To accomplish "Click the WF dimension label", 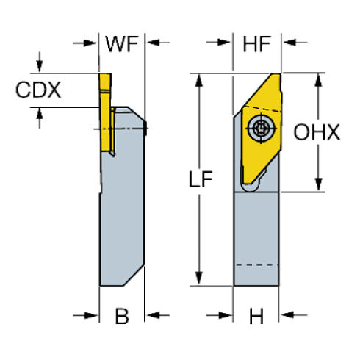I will click(122, 43).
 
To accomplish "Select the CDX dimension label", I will click(38, 90).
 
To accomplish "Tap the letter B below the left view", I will click(122, 317).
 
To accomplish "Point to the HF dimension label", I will click(256, 43).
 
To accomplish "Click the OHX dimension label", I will click(317, 132).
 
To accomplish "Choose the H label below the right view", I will click(256, 317).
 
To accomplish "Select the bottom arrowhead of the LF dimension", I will click(197, 278).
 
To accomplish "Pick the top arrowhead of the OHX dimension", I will click(319, 79).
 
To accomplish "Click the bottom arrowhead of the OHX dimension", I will click(319, 185).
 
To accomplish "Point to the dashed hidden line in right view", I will click(256, 264).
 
